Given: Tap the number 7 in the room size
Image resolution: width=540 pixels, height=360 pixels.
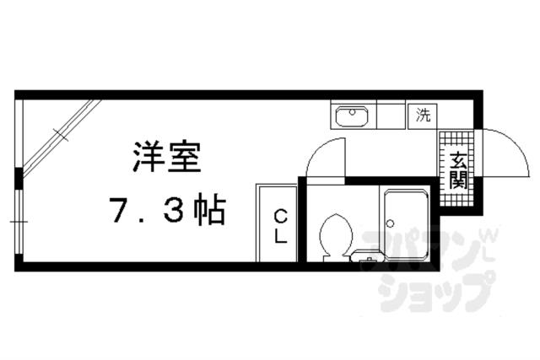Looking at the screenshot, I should (x=119, y=209).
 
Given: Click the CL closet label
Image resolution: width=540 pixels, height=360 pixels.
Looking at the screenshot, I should (x=279, y=225).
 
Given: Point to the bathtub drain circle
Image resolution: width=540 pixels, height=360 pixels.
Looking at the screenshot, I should (x=390, y=223).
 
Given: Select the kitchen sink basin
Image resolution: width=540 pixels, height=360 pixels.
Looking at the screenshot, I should (x=350, y=116).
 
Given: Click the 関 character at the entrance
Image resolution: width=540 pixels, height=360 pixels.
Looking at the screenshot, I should (x=456, y=179).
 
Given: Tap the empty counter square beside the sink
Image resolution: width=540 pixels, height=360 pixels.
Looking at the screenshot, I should (x=390, y=116).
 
